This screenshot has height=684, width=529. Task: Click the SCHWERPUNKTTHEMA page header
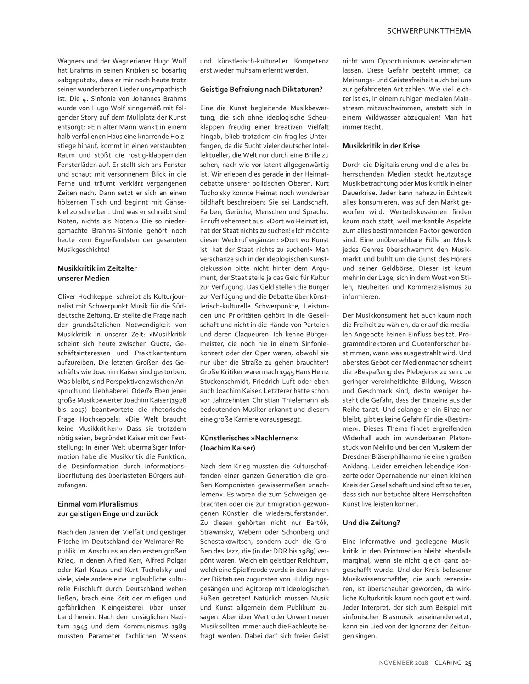pyautogui.click(x=429, y=31)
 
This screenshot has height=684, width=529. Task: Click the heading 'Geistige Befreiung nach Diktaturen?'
pyautogui.click(x=261, y=89)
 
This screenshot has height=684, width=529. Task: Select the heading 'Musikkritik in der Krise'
pyautogui.click(x=381, y=146)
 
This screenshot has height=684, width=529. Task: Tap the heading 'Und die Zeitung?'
pyautogui.click(x=371, y=523)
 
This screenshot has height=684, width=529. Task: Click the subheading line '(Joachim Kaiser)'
pyautogui.click(x=227, y=447)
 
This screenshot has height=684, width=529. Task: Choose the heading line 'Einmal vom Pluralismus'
pyautogui.click(x=97, y=504)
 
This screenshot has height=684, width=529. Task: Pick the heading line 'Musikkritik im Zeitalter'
pyautogui.click(x=97, y=268)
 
